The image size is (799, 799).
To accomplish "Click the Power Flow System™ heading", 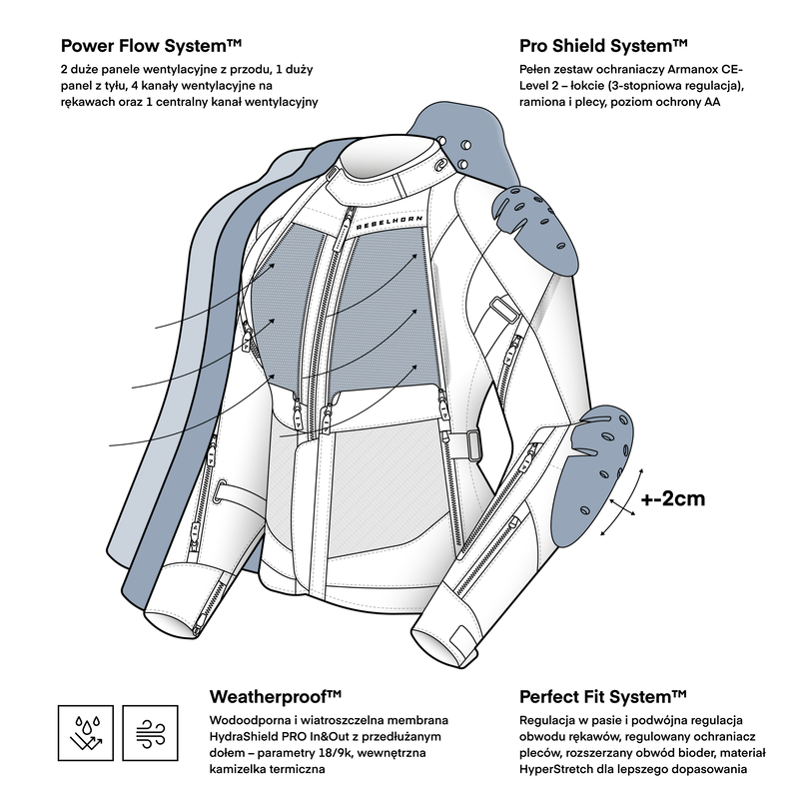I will tap(152, 45).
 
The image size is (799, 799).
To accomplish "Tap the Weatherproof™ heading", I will tap(277, 696).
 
